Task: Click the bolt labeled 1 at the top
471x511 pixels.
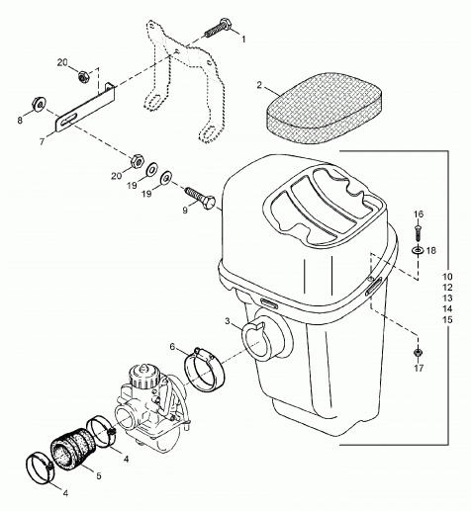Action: point(218,29)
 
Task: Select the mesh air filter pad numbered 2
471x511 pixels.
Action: point(325,109)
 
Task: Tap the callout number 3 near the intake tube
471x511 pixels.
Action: point(228,321)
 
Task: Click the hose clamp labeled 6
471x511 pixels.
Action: point(205,371)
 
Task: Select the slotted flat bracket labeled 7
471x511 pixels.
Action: point(84,109)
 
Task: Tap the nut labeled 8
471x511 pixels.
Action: point(40,105)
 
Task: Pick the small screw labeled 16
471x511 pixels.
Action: point(419,232)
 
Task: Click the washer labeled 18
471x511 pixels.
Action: point(419,251)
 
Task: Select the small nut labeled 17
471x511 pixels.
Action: point(419,352)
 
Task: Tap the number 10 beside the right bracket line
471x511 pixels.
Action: point(447,277)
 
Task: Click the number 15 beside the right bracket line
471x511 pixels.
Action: point(447,319)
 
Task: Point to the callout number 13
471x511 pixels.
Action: point(447,298)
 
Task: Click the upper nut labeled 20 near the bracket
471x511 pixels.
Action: point(83,77)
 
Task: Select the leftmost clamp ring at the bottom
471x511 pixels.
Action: point(39,468)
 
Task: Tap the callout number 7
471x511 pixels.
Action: point(42,141)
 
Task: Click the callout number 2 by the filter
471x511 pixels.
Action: point(259,85)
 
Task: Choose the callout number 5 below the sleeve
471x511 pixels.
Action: point(99,475)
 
